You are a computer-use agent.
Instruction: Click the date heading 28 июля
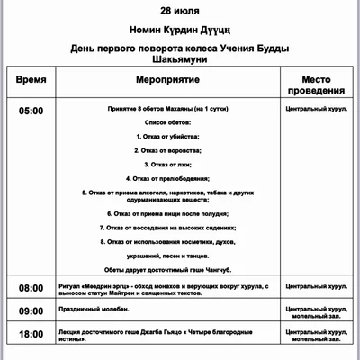pos(181,12)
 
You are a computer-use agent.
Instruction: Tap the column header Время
pos(31,79)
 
